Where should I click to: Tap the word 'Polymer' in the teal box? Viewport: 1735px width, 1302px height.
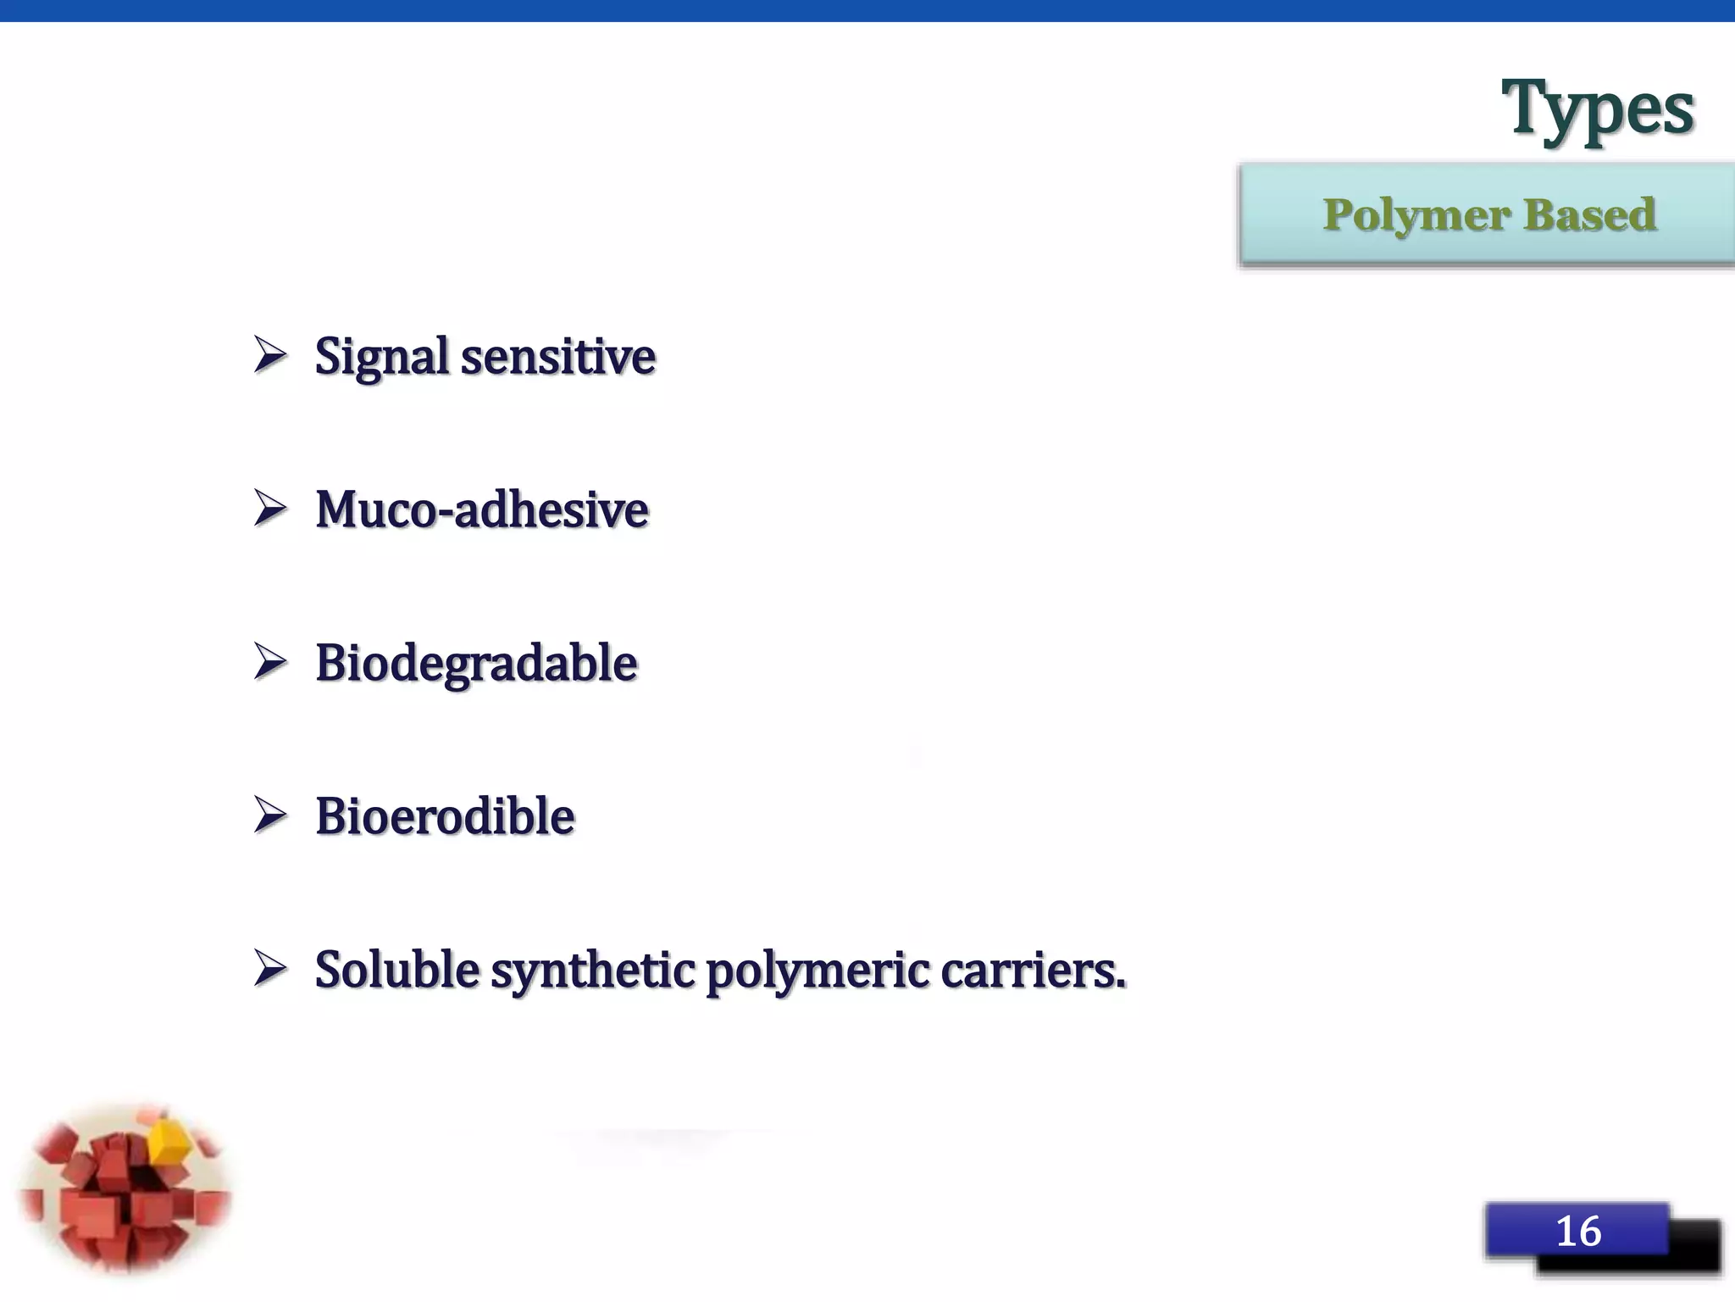(x=1416, y=215)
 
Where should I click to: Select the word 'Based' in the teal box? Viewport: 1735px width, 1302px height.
(x=1589, y=215)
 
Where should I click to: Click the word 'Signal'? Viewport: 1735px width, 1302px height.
(x=382, y=356)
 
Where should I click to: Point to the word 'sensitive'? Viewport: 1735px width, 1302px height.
(x=558, y=356)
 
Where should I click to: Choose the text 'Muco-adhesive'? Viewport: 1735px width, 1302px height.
(x=482, y=509)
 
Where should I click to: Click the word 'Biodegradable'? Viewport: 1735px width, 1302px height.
(x=476, y=663)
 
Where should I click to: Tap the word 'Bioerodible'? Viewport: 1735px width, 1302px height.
(x=445, y=816)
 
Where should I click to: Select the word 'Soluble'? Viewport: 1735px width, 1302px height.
(x=397, y=970)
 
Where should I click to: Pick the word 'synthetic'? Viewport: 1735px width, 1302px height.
(x=593, y=970)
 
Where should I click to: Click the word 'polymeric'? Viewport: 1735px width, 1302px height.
(x=818, y=970)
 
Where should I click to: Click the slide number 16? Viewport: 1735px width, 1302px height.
(x=1578, y=1231)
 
